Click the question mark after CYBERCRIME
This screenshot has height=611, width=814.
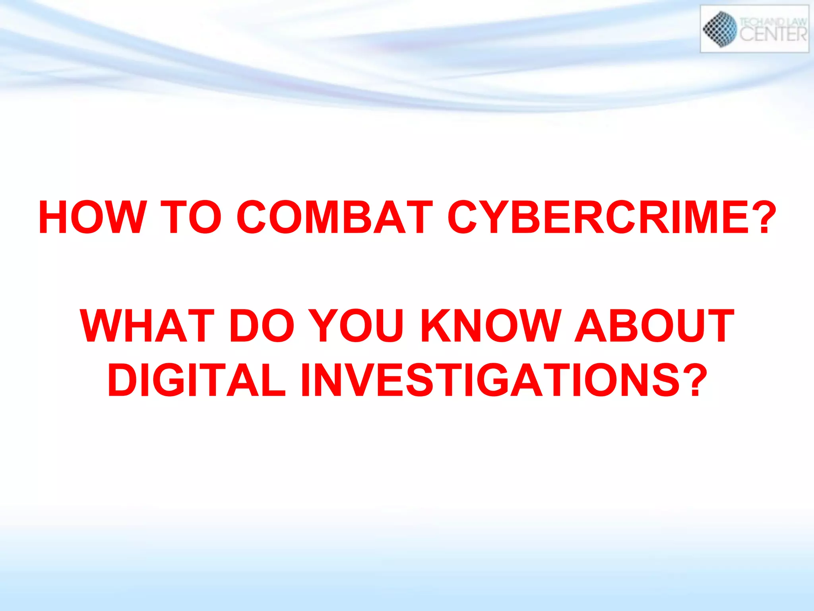click(x=765, y=217)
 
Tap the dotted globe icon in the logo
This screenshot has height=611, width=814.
click(x=720, y=29)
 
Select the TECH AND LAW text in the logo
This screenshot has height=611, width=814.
click(x=773, y=22)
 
